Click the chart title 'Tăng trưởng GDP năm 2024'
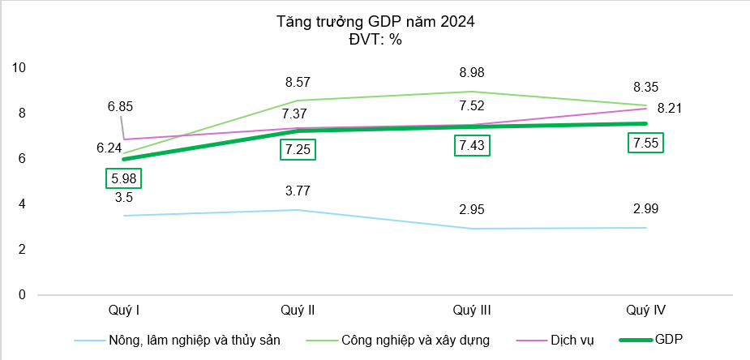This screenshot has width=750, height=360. [375, 23]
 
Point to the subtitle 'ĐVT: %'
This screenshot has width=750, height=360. [375, 40]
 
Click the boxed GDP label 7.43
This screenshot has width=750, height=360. [471, 146]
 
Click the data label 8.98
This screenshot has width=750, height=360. [471, 72]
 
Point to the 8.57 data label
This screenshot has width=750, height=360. [298, 82]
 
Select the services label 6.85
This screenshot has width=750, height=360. [120, 106]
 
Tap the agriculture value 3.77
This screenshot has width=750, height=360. [298, 191]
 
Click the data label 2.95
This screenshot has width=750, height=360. [471, 211]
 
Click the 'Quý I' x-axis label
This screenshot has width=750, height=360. [123, 310]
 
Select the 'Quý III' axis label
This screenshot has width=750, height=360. [471, 310]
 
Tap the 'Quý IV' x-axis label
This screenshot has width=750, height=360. [646, 310]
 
